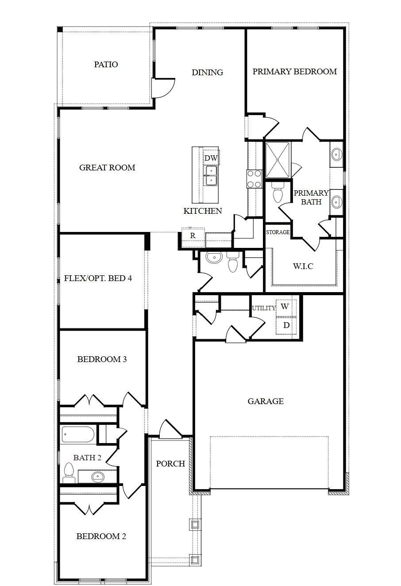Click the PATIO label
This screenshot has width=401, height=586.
coord(106,64)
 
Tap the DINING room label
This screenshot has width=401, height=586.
coord(208,72)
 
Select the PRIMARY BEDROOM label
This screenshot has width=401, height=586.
coord(294,71)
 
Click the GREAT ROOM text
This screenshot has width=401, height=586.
coord(107,167)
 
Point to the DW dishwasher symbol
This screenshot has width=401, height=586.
coord(211,158)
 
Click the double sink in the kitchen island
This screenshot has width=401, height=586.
coord(211,176)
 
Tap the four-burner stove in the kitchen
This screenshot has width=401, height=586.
coord(254,179)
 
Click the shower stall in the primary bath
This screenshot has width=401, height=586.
coord(278,160)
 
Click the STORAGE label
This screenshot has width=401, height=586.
coord(278,232)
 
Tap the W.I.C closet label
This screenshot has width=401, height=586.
coord(303,266)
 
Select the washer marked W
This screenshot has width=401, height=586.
coord(286,307)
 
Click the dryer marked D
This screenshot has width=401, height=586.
coord(286,325)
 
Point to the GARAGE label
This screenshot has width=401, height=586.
coord(266,401)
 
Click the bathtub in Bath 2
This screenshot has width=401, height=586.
coord(78,435)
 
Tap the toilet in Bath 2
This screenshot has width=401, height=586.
coord(69,473)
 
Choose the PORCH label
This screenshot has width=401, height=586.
coord(170,464)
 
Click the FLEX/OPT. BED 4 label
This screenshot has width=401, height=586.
coord(98,278)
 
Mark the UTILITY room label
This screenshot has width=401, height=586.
coord(264,308)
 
